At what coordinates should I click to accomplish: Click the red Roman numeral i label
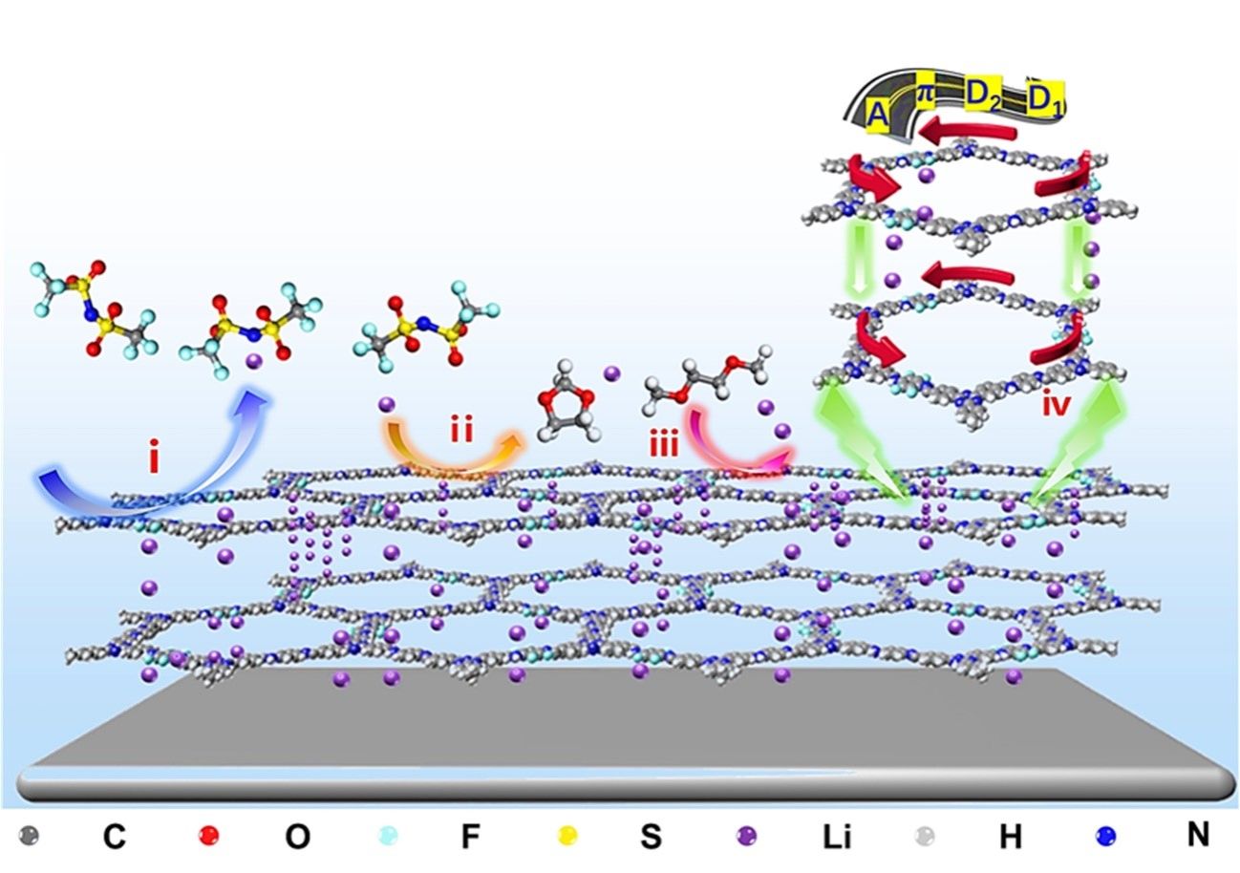153,460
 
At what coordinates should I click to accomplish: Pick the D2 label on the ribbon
983,96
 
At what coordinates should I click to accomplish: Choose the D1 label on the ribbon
1045,97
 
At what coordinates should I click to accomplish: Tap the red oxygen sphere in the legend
208,837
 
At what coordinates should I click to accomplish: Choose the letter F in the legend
469,838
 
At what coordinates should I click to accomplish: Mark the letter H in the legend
1011,838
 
